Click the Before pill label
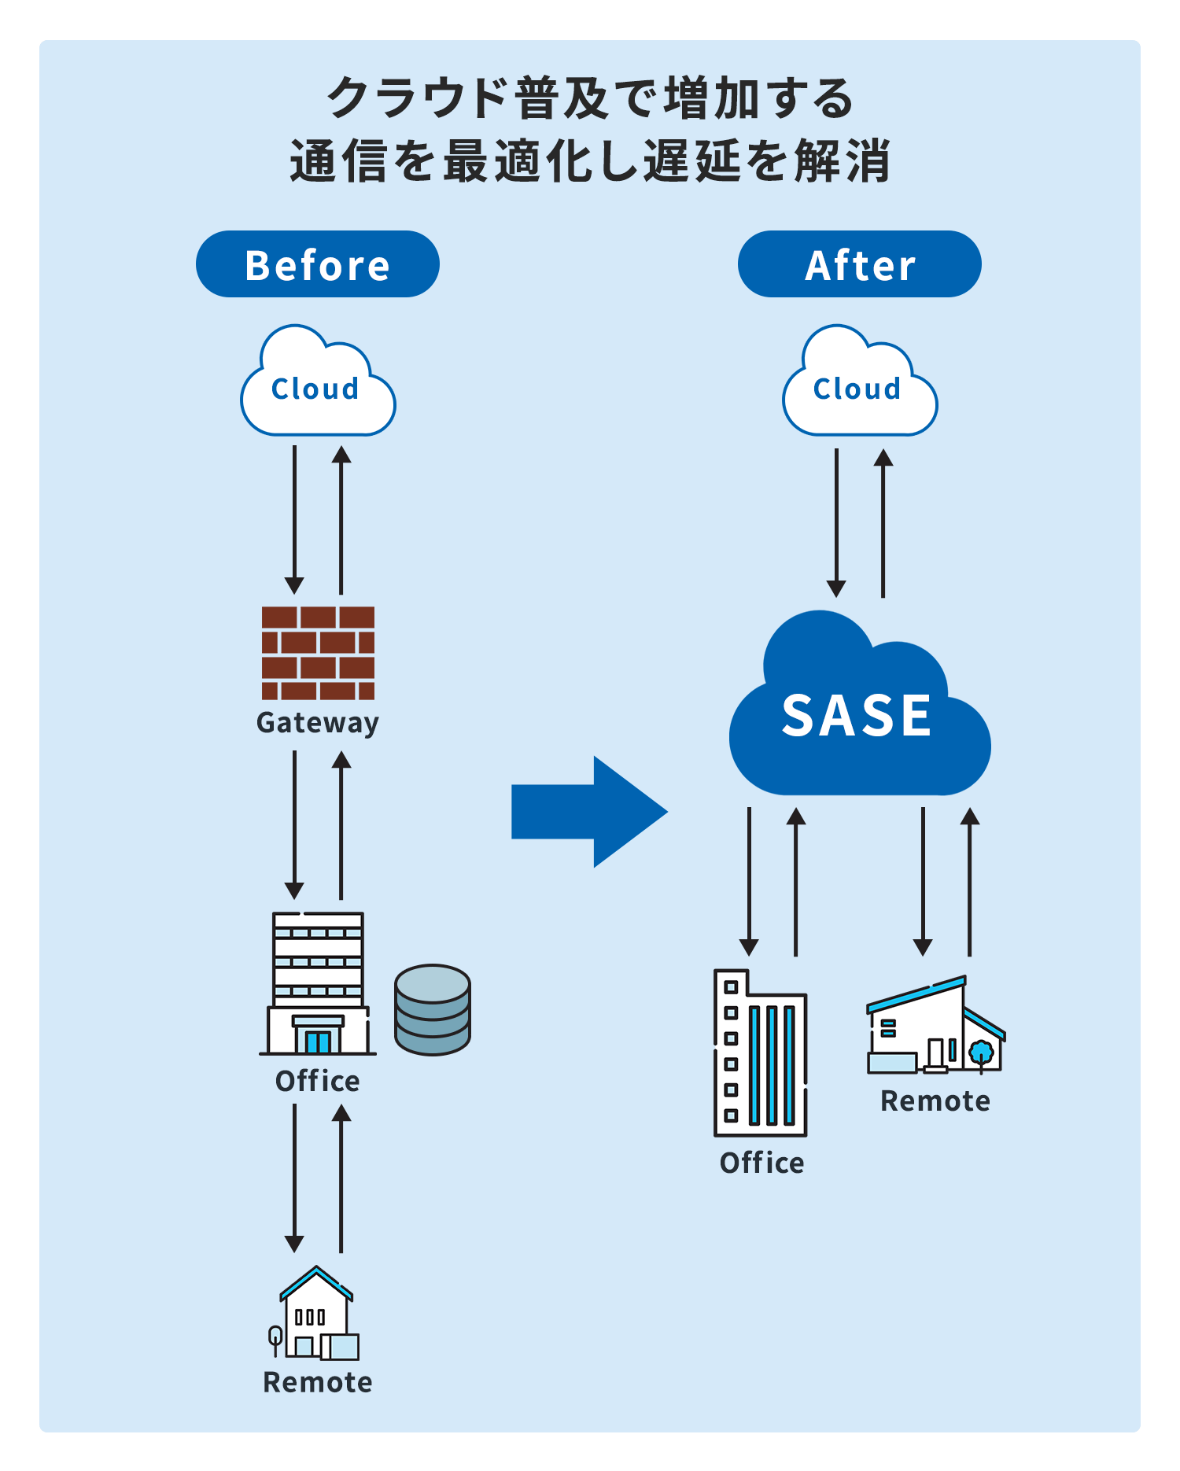pyautogui.click(x=317, y=264)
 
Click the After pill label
pyautogui.click(x=859, y=264)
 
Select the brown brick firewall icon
pyautogui.click(x=318, y=653)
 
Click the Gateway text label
pyautogui.click(x=318, y=722)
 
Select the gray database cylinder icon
pyautogui.click(x=433, y=1009)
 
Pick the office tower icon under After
pyautogui.click(x=760, y=1054)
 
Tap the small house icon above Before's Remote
pyautogui.click(x=316, y=1314)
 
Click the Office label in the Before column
pyautogui.click(x=318, y=1081)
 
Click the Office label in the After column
pyautogui.click(x=761, y=1163)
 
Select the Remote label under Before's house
pyautogui.click(x=318, y=1382)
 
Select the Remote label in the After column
pyautogui.click(x=935, y=1100)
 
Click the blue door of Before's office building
pyautogui.click(x=318, y=1041)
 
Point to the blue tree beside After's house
pyautogui.click(x=981, y=1053)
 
